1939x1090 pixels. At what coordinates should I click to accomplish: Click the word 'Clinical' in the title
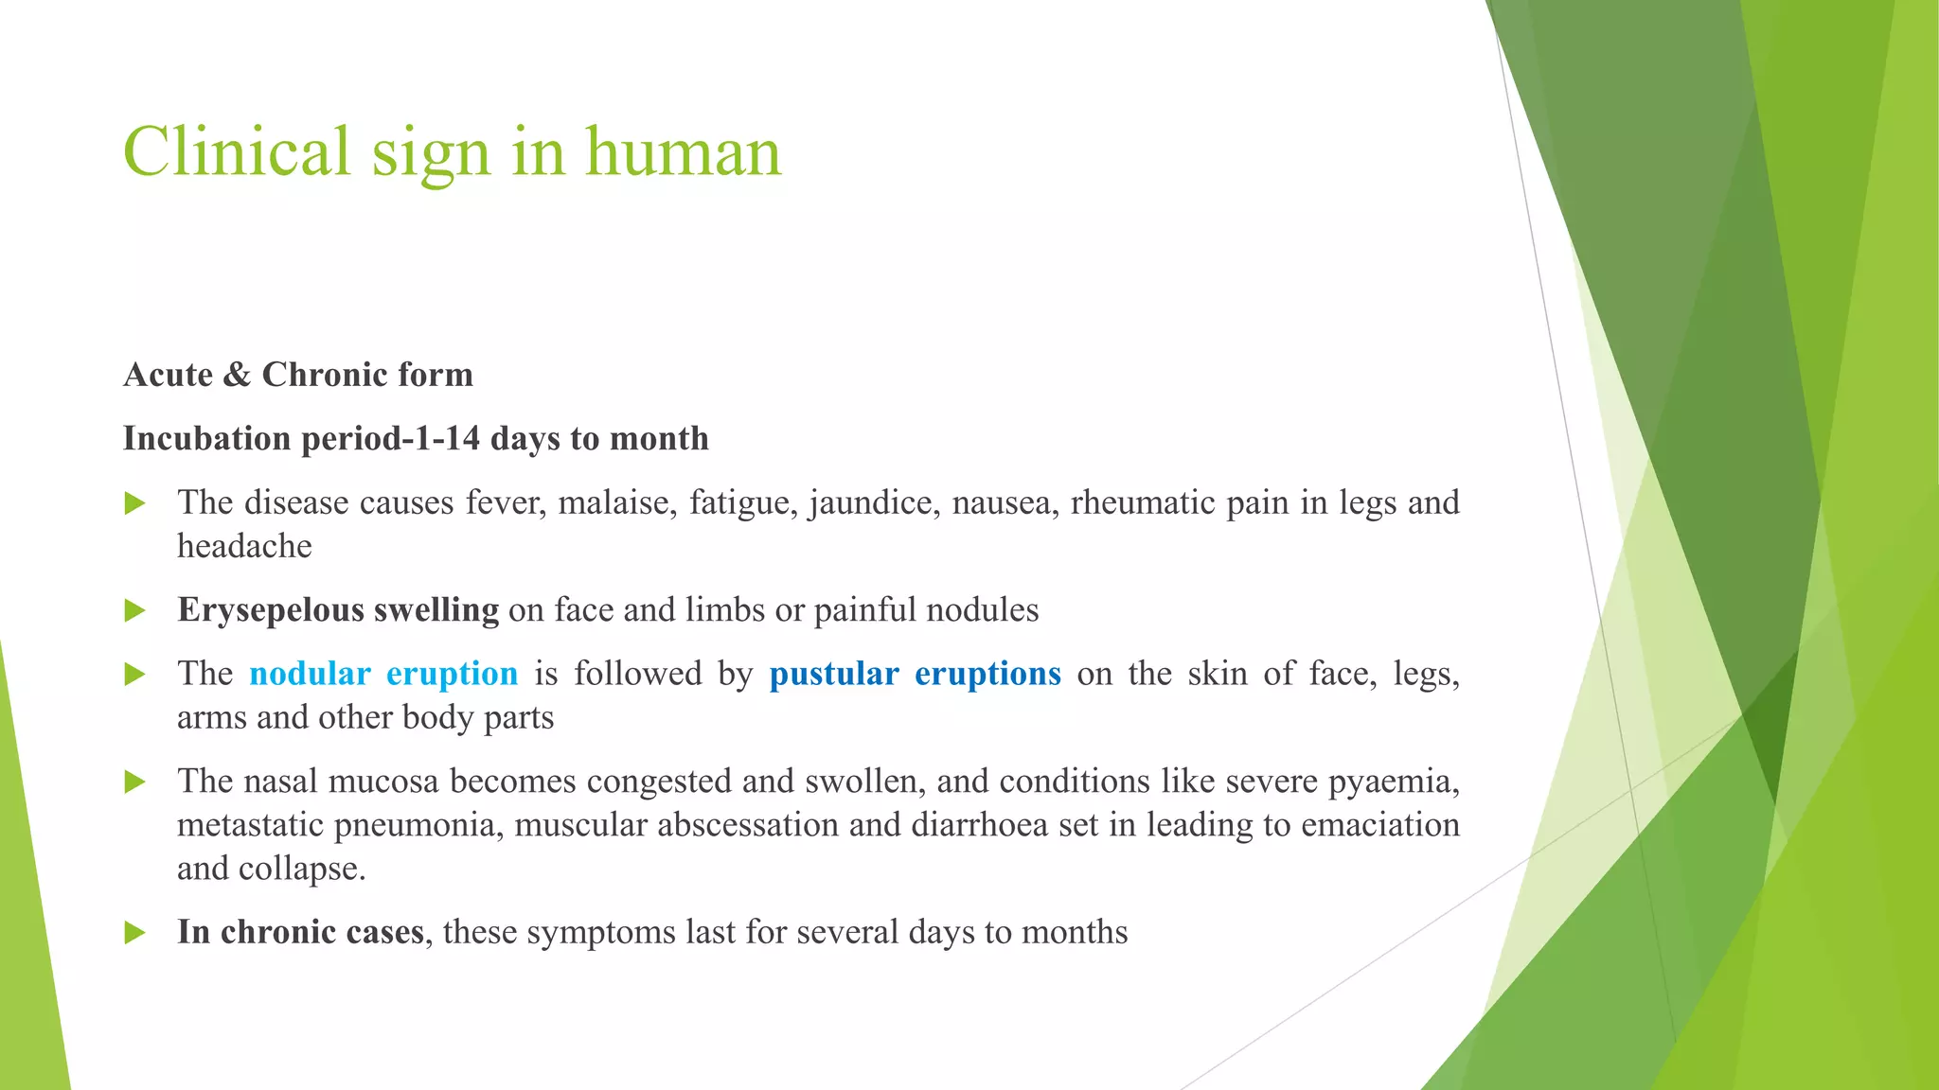point(237,151)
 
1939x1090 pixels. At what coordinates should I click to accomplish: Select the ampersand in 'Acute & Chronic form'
point(237,375)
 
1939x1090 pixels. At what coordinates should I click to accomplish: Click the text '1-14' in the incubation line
point(447,439)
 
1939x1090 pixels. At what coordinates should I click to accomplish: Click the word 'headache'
point(244,546)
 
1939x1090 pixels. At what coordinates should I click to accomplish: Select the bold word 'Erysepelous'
point(271,610)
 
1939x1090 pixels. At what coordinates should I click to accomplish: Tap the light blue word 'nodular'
point(310,674)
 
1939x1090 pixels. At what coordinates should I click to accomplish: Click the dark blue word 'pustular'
point(833,674)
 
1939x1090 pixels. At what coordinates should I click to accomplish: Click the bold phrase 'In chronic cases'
point(300,932)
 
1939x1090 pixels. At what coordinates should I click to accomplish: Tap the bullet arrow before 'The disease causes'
point(134,503)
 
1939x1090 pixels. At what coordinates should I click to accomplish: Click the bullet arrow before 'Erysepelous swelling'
point(134,611)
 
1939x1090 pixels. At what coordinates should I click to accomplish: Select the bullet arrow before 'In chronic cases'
point(134,934)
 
